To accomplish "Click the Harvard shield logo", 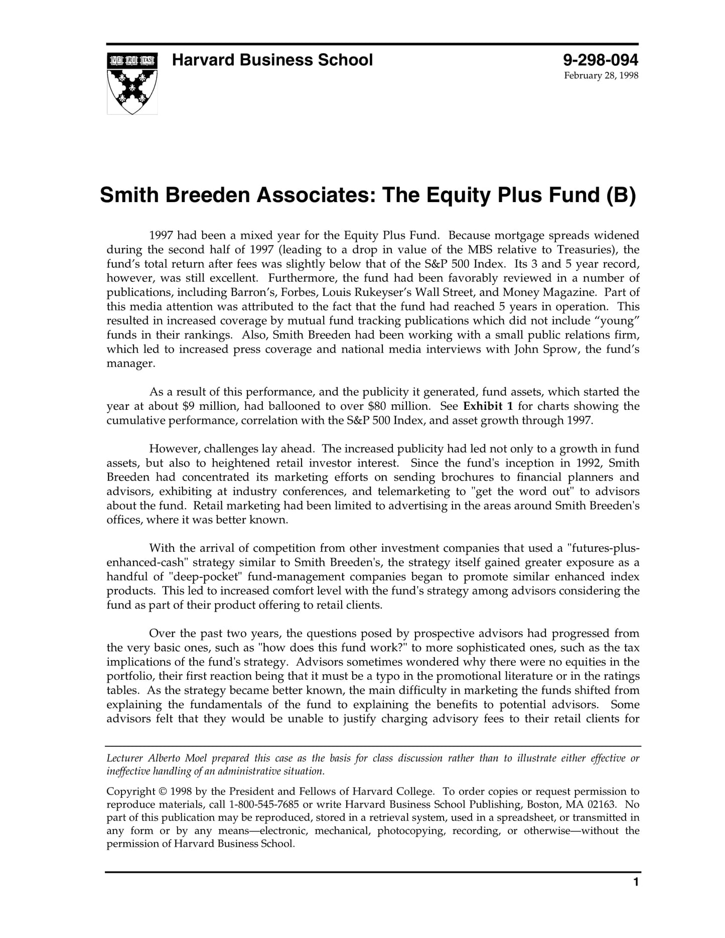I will tap(132, 83).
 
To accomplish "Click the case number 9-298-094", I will tap(600, 60).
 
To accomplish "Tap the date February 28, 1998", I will tap(601, 76).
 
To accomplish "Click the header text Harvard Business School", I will tap(272, 60).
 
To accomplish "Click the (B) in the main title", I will tap(620, 195).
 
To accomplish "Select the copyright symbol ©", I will tap(163, 792).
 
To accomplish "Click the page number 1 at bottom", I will tap(636, 896).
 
